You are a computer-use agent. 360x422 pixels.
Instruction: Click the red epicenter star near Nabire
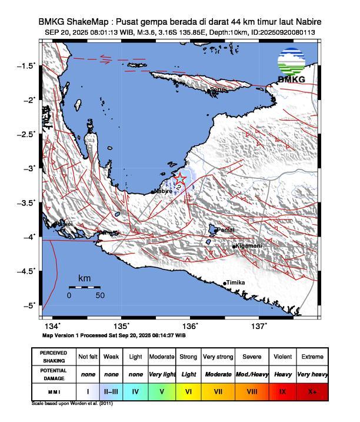(180, 179)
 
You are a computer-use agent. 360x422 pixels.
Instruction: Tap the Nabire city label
(163, 191)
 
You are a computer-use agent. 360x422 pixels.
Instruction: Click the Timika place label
(235, 283)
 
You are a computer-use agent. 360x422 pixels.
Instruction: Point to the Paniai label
(226, 230)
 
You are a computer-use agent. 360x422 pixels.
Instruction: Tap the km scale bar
(84, 287)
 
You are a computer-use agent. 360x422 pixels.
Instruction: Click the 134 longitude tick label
(52, 326)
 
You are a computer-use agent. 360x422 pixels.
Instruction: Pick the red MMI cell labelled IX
(282, 390)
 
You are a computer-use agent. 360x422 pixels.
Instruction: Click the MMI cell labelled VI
(188, 390)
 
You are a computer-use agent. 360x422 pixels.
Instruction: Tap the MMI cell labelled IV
(136, 390)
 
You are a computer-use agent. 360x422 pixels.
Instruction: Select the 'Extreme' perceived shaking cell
(312, 357)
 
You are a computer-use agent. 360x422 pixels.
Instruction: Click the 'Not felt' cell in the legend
(88, 357)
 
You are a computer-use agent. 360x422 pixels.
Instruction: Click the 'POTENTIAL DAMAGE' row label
(53, 374)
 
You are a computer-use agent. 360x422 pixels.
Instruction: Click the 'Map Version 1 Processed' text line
(114, 335)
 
